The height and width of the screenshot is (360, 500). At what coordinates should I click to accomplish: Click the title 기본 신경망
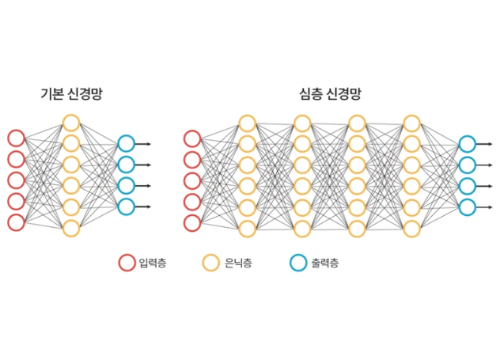(71, 94)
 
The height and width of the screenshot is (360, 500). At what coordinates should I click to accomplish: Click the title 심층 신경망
(330, 94)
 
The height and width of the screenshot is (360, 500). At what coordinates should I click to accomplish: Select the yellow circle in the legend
(203, 263)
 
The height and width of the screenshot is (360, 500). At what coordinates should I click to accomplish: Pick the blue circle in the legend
(290, 263)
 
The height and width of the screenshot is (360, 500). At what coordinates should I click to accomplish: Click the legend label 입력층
(153, 263)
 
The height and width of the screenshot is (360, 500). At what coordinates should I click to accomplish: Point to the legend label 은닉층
(238, 263)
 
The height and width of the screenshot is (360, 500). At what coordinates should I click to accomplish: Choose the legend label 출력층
(325, 263)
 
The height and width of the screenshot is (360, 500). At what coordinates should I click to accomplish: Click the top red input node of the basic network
(8, 138)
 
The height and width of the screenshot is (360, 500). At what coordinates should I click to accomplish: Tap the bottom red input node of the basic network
(8, 222)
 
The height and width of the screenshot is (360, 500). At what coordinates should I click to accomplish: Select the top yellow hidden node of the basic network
(62, 123)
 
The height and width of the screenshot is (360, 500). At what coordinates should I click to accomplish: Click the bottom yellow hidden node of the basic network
(62, 228)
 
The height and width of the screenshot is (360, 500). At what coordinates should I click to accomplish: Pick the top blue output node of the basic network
(118, 144)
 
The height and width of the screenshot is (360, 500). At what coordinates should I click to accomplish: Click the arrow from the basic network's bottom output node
(142, 207)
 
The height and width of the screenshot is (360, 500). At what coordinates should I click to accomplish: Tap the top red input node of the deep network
(184, 138)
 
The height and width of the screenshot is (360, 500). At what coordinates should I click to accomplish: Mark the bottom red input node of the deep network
(184, 223)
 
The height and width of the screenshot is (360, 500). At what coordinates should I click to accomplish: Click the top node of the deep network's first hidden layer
(239, 123)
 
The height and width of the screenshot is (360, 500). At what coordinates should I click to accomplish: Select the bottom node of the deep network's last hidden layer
(403, 229)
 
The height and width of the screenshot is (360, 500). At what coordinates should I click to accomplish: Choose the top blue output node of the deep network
(459, 144)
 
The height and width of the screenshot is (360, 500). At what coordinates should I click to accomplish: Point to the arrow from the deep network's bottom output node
(484, 207)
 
